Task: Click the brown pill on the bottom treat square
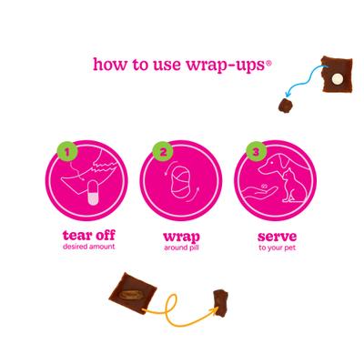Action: pos(133,294)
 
